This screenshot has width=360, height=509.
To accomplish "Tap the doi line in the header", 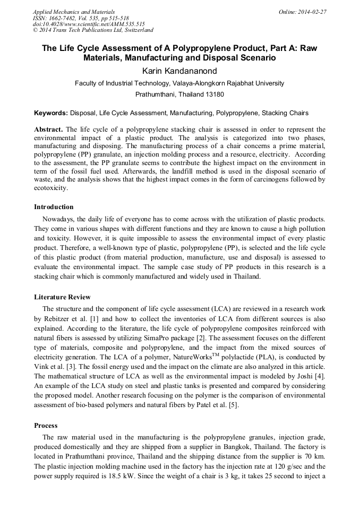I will tap(89, 24).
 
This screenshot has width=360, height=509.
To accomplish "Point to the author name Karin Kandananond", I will tap(179, 71).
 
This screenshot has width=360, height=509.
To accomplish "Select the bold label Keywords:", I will tap(51, 113).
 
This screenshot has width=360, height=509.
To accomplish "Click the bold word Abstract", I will tap(48, 130).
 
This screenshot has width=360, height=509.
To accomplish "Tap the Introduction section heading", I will tap(54, 207).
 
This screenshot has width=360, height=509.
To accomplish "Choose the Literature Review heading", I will tap(62, 297).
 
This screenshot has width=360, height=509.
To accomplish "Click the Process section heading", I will tap(46, 426).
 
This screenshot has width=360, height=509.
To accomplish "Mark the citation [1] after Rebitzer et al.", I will tap(92, 320).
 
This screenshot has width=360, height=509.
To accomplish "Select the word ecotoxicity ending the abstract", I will tap(50, 188).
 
